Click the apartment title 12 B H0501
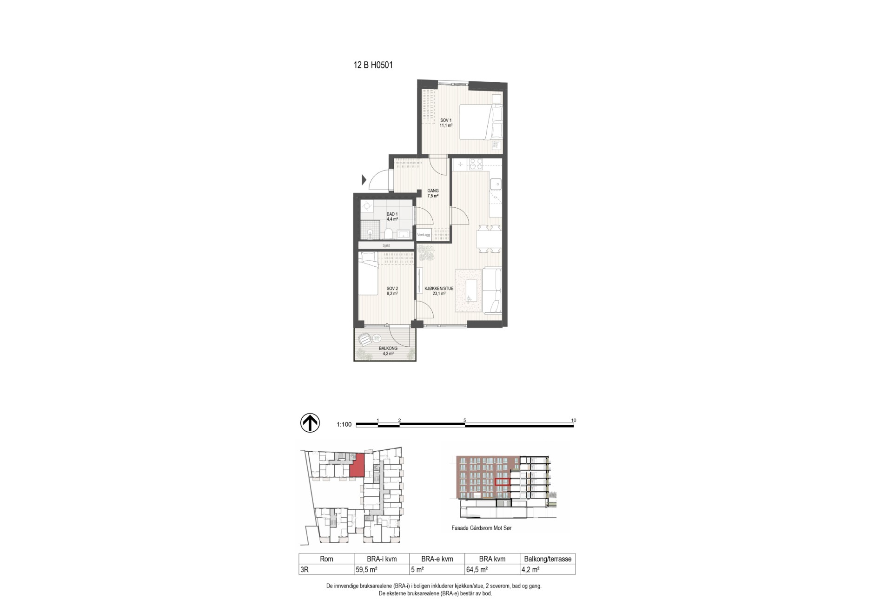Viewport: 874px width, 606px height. click(x=373, y=65)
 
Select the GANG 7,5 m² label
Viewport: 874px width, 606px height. click(x=433, y=193)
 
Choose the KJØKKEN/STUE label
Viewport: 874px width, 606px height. click(x=439, y=289)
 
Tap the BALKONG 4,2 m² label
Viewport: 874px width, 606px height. click(x=388, y=351)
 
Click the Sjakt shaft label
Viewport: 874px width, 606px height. click(x=386, y=245)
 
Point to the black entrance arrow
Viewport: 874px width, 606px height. click(x=364, y=179)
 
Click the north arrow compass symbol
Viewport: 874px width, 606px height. click(x=310, y=422)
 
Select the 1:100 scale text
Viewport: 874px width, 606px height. click(x=344, y=424)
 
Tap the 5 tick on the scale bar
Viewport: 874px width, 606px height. click(x=465, y=420)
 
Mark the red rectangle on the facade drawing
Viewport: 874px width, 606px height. click(x=502, y=482)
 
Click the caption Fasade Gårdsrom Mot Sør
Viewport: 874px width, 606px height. click(x=481, y=528)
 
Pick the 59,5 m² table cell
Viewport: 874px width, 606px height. click(x=366, y=569)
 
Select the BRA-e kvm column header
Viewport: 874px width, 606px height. click(x=437, y=559)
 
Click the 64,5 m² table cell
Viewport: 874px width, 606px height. click(x=477, y=569)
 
